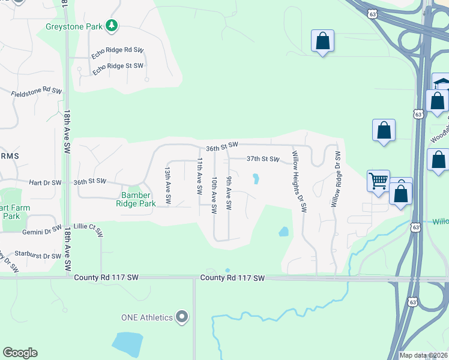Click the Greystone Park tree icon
pyautogui.click(x=111, y=25)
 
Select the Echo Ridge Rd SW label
pyautogui.click(x=118, y=52)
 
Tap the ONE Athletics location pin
pyautogui.click(x=182, y=317)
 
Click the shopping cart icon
pyautogui.click(x=378, y=181)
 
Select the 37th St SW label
pyautogui.click(x=263, y=159)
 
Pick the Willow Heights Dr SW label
pyautogui.click(x=299, y=181)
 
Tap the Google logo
pyautogui.click(x=20, y=353)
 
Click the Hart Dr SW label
pyautogui.click(x=45, y=182)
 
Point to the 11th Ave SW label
pyautogui.click(x=199, y=176)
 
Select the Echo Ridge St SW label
pyautogui.click(x=118, y=68)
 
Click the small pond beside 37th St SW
pyautogui.click(x=256, y=179)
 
